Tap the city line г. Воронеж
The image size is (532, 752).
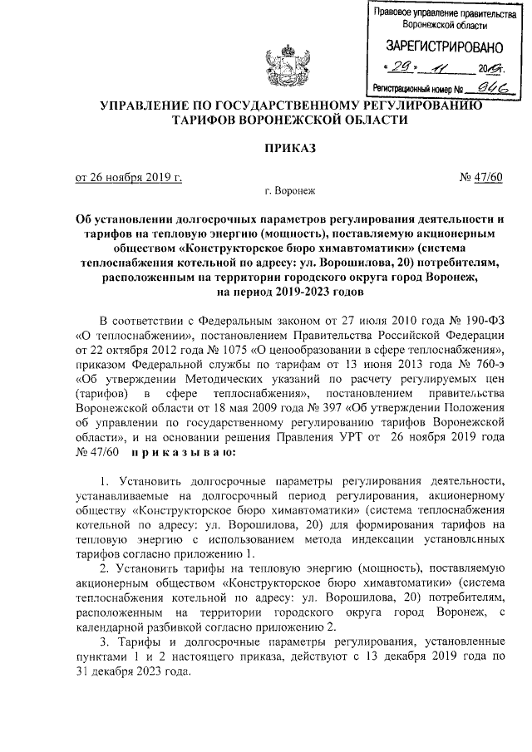pyautogui.click(x=287, y=190)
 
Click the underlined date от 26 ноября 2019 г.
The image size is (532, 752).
pyautogui.click(x=129, y=175)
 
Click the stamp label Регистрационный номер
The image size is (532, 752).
pyautogui.click(x=411, y=86)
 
